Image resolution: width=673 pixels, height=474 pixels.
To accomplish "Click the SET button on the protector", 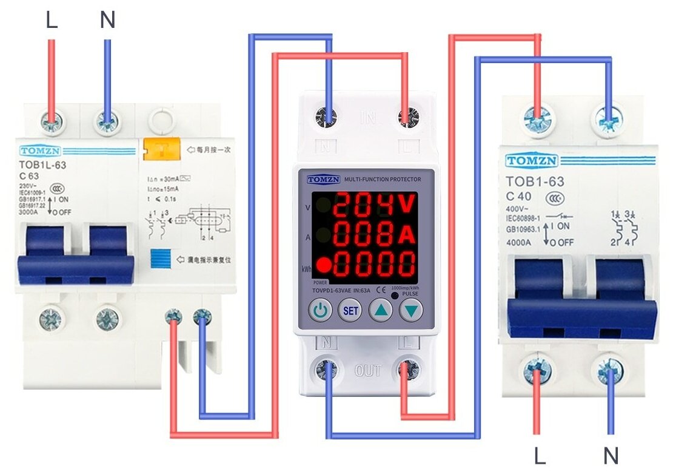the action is click(x=349, y=311).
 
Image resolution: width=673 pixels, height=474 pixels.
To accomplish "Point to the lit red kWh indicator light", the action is click(x=324, y=265).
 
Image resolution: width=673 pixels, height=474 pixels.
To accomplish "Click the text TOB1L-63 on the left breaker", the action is click(x=42, y=164).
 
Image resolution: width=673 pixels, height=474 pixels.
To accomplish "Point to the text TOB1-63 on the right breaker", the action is click(x=535, y=181).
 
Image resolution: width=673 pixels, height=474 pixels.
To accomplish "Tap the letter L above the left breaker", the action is click(x=52, y=21).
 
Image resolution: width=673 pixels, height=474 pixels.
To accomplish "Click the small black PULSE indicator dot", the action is click(x=395, y=295).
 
